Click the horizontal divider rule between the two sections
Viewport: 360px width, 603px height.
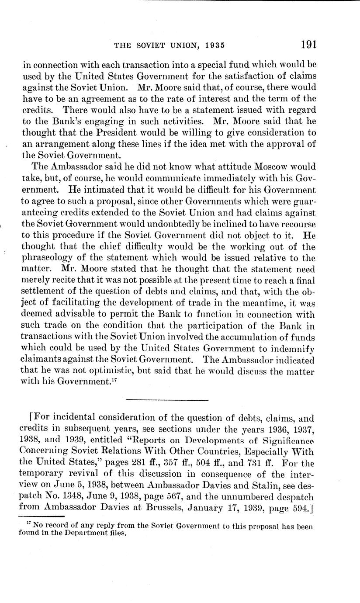[x=167, y=400]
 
